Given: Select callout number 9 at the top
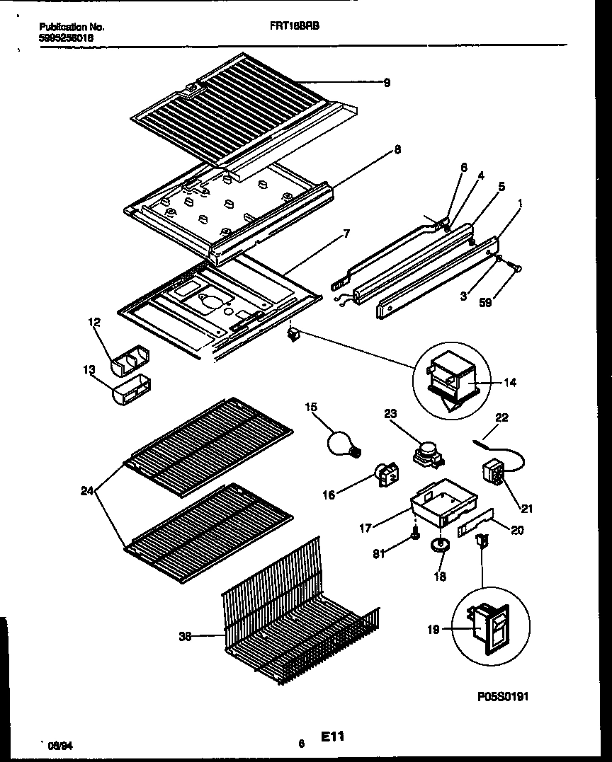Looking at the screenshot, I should click(x=387, y=83).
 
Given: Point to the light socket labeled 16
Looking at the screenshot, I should click(x=387, y=476).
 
